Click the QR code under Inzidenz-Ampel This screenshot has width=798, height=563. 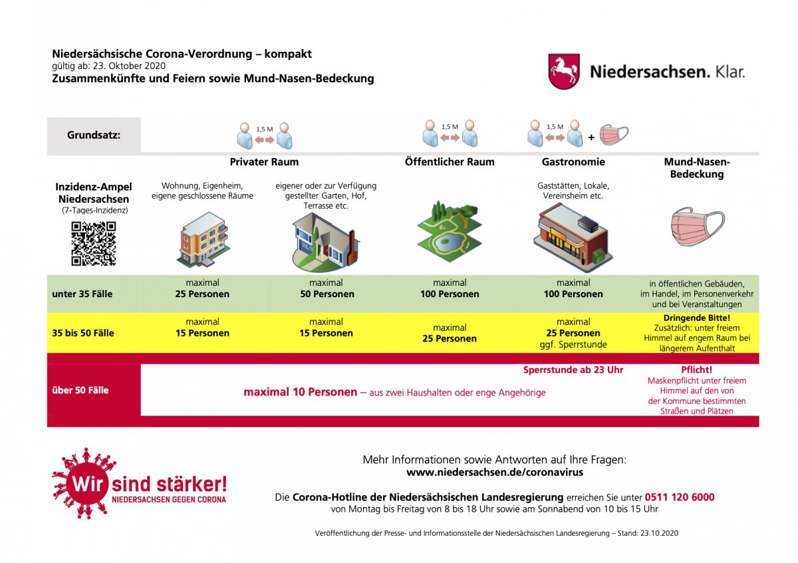click(x=93, y=243)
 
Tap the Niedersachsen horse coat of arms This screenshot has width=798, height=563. click(x=564, y=71)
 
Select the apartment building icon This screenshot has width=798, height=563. click(x=203, y=240)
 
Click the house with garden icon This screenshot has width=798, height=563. click(x=326, y=242)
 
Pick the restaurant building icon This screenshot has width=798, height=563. click(x=573, y=238)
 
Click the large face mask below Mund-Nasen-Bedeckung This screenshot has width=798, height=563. click(x=698, y=227)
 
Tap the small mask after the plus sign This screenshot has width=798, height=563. click(x=614, y=135)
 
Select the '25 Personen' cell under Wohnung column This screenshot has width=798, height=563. click(x=202, y=294)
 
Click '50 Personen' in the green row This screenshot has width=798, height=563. click(x=327, y=294)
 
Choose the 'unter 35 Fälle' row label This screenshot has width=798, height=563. click(x=82, y=294)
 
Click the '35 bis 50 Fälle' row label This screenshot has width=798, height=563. click(x=83, y=333)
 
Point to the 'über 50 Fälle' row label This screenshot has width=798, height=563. click(x=80, y=390)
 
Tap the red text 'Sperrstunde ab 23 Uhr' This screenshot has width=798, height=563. click(x=573, y=370)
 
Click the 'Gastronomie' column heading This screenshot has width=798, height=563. click(x=573, y=162)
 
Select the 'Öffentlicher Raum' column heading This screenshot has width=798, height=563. click(x=450, y=162)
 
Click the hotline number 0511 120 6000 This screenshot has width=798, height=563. click(x=680, y=497)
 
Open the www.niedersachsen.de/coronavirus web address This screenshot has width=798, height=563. click(x=495, y=473)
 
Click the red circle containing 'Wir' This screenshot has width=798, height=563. click(x=88, y=484)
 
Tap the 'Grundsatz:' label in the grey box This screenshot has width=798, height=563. click(x=94, y=136)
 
